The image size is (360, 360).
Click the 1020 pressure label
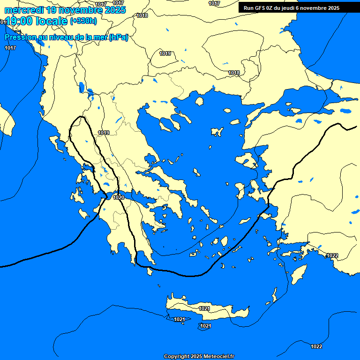click(119, 197)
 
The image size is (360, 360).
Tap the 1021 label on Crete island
click(204, 308)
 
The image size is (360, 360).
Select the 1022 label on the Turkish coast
click(332, 255)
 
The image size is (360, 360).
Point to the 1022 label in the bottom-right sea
click(316, 346)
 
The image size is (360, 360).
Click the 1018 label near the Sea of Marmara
click(234, 73)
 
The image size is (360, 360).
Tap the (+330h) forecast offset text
click(83, 21)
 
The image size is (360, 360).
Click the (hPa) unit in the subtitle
click(118, 37)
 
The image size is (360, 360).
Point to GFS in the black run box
click(260, 8)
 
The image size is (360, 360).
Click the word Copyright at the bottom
click(177, 357)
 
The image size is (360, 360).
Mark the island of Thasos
click(199, 101)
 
